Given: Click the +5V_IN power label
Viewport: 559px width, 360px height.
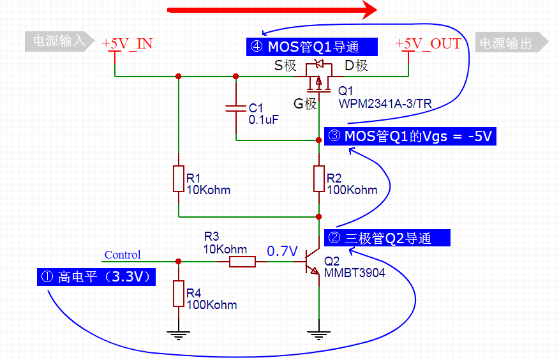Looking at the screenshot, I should coord(127,43).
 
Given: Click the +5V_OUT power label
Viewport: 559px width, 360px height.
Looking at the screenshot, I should coord(428,43).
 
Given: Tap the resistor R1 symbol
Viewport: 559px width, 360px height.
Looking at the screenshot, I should coord(179,179).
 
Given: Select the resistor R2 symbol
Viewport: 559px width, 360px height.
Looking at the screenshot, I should coord(319,179).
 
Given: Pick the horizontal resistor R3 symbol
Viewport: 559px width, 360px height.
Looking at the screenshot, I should coord(242,261).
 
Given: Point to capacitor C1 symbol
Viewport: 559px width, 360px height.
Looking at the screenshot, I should coord(235,109).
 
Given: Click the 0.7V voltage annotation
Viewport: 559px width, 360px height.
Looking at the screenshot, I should coord(283,251).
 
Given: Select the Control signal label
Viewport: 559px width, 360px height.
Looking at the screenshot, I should coord(123,255).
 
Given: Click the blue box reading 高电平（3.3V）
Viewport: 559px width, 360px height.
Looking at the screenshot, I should coord(96,278).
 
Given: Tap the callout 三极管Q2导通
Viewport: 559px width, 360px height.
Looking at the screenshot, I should coord(387,238).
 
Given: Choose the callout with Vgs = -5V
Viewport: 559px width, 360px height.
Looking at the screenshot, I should coord(410,137).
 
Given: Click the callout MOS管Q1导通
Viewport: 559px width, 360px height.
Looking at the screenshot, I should coord(312,47).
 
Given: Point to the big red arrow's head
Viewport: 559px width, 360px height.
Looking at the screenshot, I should coord(369,10).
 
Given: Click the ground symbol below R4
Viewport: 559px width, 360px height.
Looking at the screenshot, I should coord(179,331).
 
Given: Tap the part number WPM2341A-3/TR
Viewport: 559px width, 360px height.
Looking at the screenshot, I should coord(384,103).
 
